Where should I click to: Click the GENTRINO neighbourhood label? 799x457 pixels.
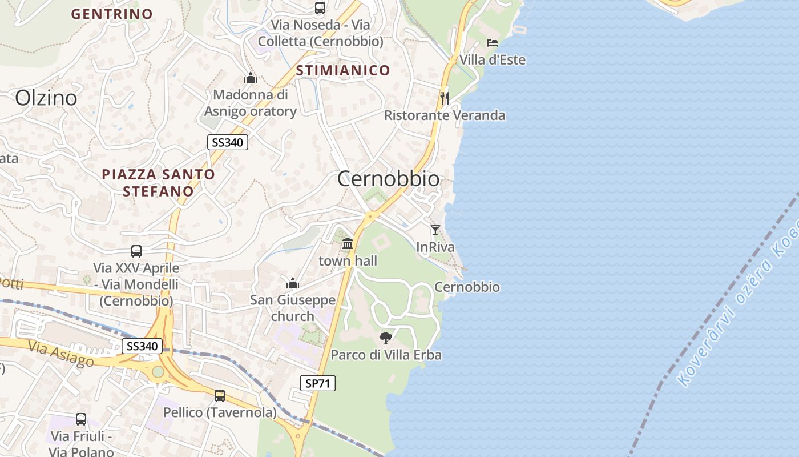[112, 14]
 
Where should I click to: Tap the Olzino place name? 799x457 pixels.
[46, 98]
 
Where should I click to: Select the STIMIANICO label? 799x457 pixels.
[343, 70]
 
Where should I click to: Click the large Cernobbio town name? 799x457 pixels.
[389, 179]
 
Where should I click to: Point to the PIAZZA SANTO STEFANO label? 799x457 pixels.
[159, 182]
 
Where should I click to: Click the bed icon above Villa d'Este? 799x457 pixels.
[493, 43]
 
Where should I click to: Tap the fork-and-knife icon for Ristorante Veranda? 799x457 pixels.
[445, 98]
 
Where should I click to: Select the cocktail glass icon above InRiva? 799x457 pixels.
[435, 230]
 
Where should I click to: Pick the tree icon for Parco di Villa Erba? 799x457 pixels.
[386, 338]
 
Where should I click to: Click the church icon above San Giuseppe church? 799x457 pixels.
[293, 283]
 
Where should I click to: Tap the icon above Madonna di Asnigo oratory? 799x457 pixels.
[250, 78]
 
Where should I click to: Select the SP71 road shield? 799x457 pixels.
[318, 383]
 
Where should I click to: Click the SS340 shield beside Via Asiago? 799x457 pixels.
[142, 346]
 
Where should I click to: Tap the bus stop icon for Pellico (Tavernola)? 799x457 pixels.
[220, 395]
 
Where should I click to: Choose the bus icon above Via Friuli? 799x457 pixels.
[81, 419]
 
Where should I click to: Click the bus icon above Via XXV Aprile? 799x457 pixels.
[136, 251]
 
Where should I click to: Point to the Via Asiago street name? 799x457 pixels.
[60, 354]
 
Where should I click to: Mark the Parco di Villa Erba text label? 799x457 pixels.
[386, 355]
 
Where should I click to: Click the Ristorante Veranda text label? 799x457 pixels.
[445, 115]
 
